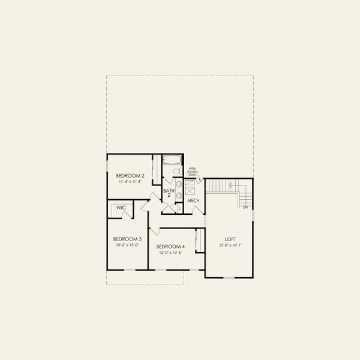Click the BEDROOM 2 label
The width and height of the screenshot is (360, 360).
130,175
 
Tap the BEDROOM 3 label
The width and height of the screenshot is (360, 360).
127,238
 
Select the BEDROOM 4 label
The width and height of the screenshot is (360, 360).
170,247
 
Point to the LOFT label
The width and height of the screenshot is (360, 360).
231,238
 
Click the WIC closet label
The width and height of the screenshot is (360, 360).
121,208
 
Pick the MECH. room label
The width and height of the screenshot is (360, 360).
193,200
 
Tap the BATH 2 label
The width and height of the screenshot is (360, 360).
169,193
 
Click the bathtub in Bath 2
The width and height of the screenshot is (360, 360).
172,160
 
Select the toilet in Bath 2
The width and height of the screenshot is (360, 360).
176,172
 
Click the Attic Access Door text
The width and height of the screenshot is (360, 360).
193,172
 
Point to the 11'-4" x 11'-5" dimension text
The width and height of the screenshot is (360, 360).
130,181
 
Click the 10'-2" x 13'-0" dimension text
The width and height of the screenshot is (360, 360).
127,244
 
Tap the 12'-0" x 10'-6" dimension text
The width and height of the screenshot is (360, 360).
170,253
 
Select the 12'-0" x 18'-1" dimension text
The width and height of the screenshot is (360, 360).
231,244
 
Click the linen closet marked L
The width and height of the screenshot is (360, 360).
179,208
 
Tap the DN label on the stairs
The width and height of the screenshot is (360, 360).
245,207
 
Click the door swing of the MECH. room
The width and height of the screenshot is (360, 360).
197,211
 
